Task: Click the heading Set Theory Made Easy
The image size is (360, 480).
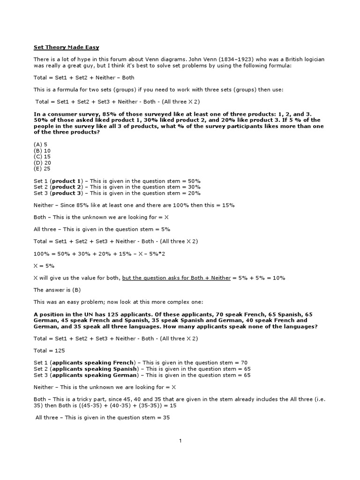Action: coord(66,47)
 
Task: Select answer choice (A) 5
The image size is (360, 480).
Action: coord(41,144)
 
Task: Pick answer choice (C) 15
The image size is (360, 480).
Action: coord(42,157)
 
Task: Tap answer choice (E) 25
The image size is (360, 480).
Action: coord(42,169)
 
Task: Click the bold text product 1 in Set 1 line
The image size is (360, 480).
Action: coord(67,180)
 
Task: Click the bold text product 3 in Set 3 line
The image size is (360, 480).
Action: coord(67,193)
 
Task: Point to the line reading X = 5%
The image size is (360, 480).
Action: coord(44,265)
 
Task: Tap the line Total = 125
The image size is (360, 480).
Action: coord(49,350)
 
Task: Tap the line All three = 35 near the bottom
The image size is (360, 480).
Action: coord(103,417)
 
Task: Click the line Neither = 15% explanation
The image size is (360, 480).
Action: coord(134,205)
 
